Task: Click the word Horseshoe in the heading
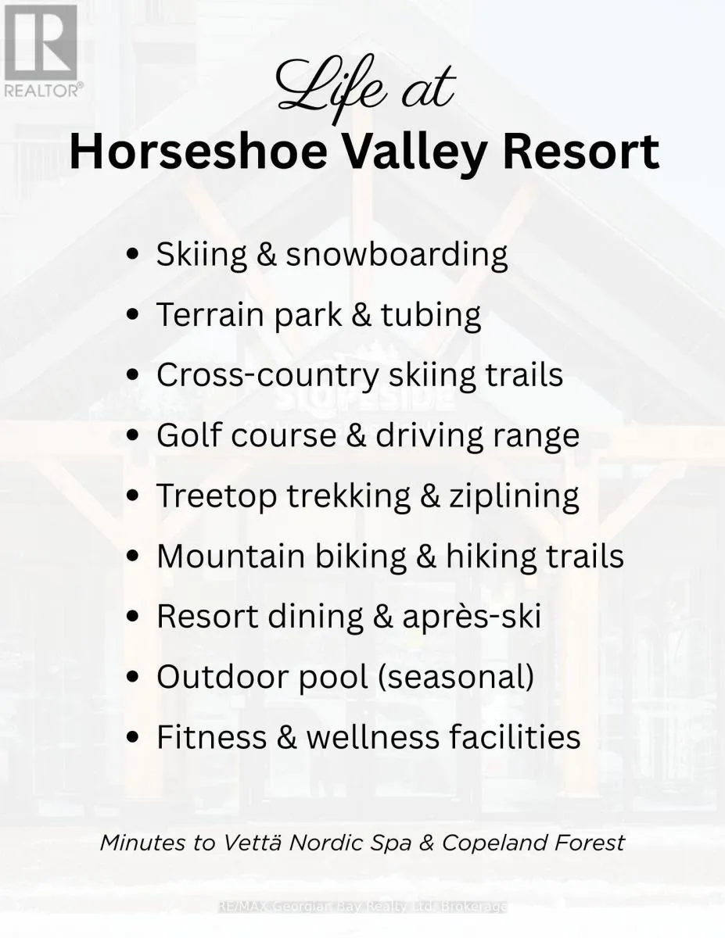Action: (198, 152)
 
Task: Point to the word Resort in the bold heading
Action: (581, 152)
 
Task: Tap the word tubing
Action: (430, 316)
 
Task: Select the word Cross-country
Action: (267, 375)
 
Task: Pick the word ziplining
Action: (513, 496)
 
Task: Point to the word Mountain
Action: (231, 556)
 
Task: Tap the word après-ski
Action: (472, 617)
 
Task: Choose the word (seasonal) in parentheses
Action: (455, 676)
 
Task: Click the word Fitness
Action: (212, 736)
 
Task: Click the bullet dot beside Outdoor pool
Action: (134, 676)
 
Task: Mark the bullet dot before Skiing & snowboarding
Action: (134, 254)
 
